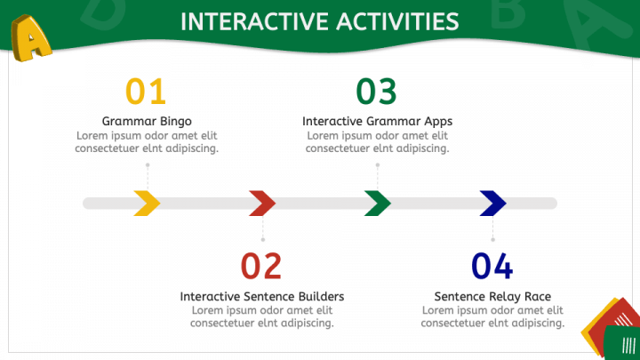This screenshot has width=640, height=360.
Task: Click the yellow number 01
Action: click(146, 91)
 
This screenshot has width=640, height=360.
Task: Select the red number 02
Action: click(261, 266)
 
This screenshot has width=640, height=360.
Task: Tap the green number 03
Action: click(376, 91)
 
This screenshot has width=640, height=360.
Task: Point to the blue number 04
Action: click(492, 266)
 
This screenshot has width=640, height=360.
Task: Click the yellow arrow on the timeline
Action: click(148, 203)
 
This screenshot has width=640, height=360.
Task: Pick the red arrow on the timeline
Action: click(264, 203)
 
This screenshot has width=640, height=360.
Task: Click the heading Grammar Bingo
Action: click(147, 121)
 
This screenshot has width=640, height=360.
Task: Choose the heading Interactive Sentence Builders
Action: click(262, 296)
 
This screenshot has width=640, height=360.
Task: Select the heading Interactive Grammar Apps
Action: click(377, 121)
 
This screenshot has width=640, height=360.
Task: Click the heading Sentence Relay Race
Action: click(492, 296)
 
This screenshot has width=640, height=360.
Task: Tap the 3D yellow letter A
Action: click(30, 38)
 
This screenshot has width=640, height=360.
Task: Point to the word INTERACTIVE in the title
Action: click(255, 21)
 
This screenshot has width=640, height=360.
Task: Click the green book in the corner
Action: click(621, 343)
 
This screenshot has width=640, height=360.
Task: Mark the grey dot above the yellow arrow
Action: click(148, 165)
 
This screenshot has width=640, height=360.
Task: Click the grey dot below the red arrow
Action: click(263, 240)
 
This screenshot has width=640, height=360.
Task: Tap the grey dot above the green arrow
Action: click(378, 165)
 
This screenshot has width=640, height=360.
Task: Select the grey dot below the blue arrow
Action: click(492, 240)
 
